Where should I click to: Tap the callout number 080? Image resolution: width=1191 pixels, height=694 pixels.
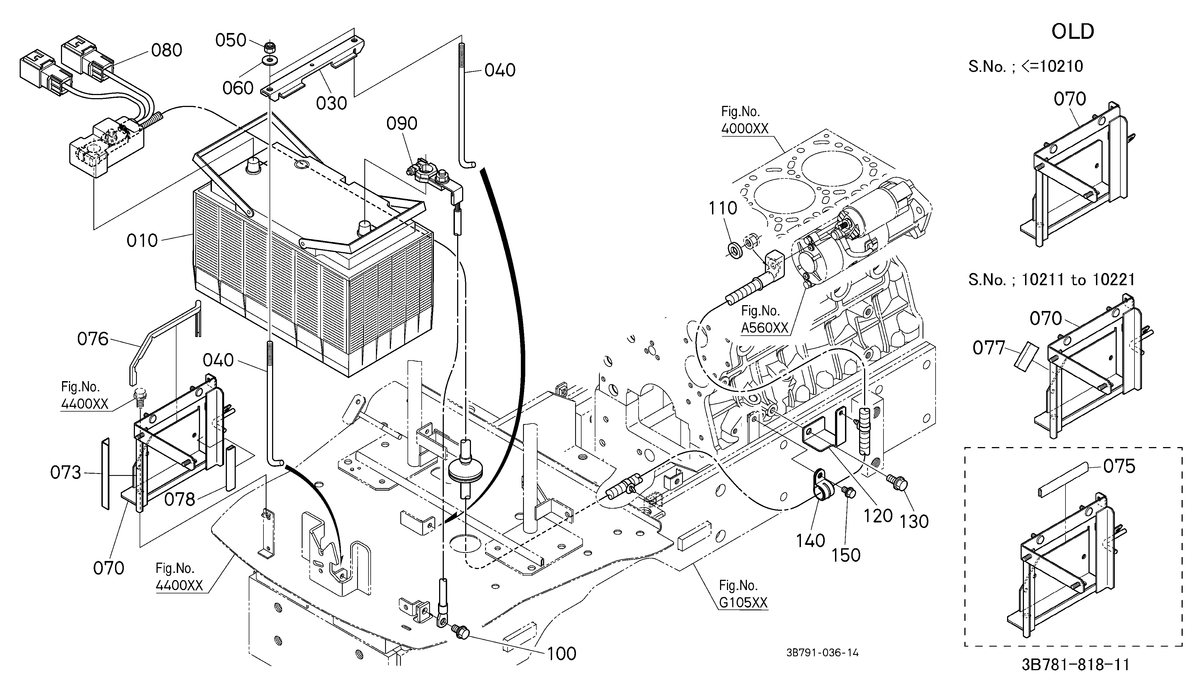click(166, 50)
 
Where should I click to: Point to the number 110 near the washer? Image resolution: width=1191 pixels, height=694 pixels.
click(723, 208)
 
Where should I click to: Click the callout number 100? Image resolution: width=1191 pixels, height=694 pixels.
click(562, 654)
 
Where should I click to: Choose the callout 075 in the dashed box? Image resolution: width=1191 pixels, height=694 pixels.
click(1119, 467)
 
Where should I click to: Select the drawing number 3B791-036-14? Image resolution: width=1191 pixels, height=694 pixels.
click(822, 653)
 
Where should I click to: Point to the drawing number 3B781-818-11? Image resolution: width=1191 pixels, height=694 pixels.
click(1075, 665)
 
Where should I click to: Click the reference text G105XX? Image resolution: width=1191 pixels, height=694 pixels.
click(743, 603)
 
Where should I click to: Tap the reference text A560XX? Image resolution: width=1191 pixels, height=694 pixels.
click(765, 328)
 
